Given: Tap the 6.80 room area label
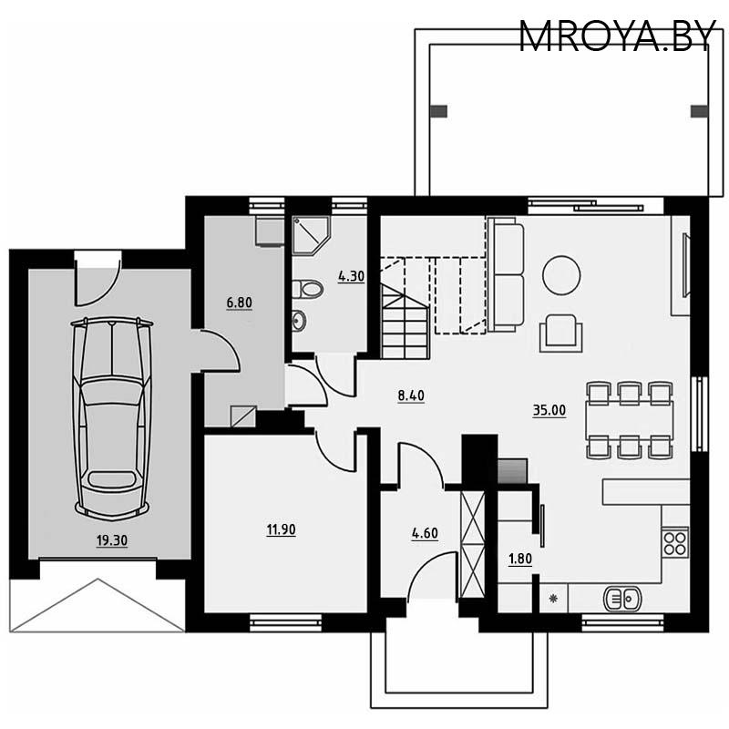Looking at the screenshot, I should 239,303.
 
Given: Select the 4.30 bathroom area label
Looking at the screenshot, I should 352,275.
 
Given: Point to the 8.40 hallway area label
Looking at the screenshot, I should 412,395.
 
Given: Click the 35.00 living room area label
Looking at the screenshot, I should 549,410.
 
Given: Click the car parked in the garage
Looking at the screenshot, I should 111,415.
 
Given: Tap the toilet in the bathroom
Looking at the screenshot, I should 308,290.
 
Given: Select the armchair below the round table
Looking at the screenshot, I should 561,333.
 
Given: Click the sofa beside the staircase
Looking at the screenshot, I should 506,273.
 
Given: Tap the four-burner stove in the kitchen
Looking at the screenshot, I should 674,543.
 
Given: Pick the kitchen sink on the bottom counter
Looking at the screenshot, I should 623,599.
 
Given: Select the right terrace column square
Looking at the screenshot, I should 699,111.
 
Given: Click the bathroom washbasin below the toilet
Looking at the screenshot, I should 298,320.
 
